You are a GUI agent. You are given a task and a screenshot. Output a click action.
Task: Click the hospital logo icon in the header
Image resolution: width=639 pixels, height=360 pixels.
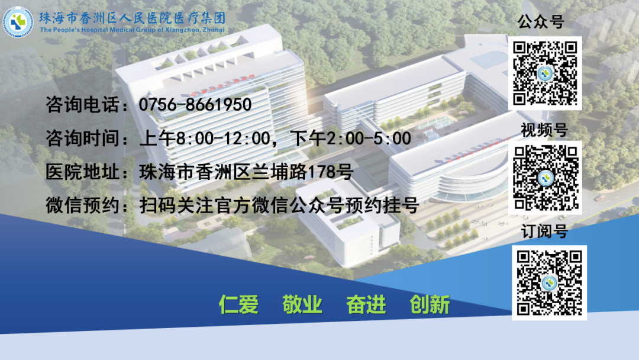[x=18, y=22]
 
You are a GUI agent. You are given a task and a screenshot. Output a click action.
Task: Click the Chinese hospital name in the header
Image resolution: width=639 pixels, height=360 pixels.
[x=132, y=17]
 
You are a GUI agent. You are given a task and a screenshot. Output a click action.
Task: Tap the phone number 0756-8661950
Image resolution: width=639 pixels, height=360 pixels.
[x=195, y=105]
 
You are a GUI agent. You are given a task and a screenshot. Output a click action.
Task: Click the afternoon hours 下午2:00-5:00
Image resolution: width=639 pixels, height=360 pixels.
[x=352, y=139]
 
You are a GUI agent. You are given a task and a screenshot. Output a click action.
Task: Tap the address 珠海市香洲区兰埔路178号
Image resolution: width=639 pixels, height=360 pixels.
[x=246, y=172]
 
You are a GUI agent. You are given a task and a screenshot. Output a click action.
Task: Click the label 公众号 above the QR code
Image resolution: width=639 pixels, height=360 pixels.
[x=541, y=22]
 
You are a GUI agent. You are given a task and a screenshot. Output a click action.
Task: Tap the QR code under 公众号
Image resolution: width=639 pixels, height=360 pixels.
[x=545, y=73]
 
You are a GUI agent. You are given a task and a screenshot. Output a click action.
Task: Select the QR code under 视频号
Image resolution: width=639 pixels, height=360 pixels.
[x=545, y=177]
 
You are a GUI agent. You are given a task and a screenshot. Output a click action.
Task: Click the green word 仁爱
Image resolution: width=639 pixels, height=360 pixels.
[x=238, y=304]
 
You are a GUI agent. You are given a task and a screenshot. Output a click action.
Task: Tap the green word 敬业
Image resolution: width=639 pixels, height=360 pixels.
[x=302, y=304]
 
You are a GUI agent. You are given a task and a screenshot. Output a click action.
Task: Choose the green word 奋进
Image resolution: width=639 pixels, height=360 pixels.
[x=366, y=304]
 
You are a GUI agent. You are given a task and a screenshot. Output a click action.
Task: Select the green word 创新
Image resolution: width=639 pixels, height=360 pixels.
[x=430, y=304]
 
